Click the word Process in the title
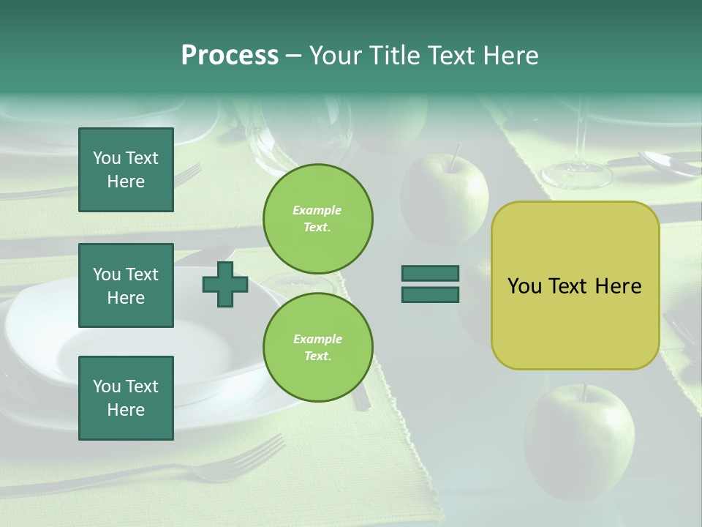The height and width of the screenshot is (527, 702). tap(230, 56)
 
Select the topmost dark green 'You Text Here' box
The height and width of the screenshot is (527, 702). tap(126, 170)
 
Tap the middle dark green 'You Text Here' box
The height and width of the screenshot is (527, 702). tap(126, 285)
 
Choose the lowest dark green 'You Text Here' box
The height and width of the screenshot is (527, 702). tap(126, 398)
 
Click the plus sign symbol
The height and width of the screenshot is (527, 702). tap(225, 284)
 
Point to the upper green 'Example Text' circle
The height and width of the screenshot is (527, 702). tap(318, 218)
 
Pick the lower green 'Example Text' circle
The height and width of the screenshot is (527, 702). tap(318, 347)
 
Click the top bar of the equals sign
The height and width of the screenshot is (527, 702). tap(430, 273)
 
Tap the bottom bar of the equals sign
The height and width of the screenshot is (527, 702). tap(430, 294)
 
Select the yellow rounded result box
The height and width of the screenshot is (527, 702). tap(575, 285)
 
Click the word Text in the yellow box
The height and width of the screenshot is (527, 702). tap(573, 286)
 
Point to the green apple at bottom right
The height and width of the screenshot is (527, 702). tap(579, 439)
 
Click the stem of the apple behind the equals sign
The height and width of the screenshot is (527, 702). tap(455, 156)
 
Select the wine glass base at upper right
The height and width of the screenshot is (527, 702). tap(576, 174)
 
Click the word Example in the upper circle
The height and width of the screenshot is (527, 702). tap(317, 210)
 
